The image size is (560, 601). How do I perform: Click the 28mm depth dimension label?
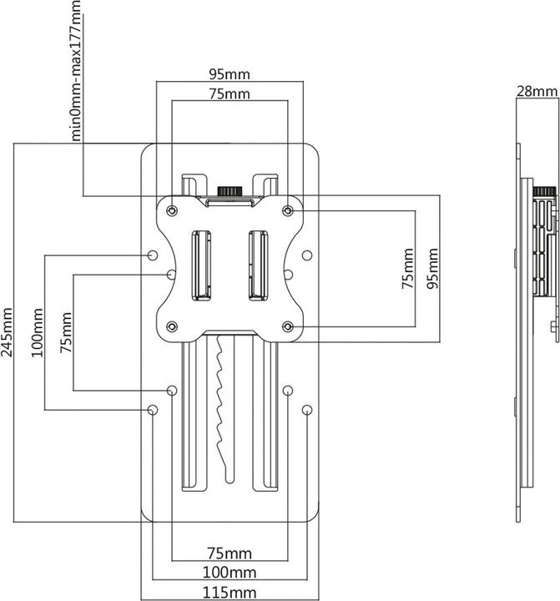coord(537,91)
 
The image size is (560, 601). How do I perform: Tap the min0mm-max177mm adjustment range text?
coord(77,71)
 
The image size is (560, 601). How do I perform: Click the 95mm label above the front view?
coord(229,73)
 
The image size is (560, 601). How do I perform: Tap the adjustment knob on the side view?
coord(543,192)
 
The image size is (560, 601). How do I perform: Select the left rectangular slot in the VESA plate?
coord(201,264)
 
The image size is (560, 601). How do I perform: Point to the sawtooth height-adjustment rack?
coord(221,392)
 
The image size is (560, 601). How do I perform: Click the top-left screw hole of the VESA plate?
coord(172,210)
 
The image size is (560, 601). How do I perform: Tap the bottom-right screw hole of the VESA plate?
coord(288,326)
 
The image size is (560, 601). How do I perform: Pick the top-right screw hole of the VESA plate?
coord(288,210)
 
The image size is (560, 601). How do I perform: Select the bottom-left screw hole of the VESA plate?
coord(172,326)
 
